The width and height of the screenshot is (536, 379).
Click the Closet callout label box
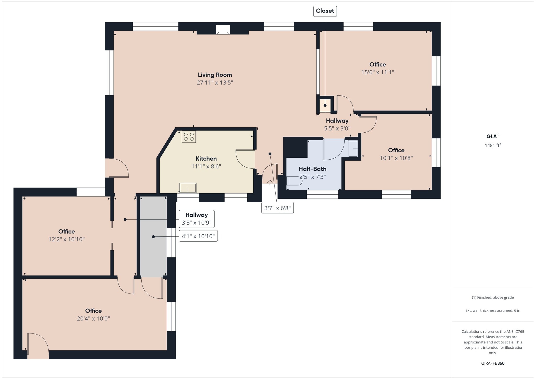point(325,11)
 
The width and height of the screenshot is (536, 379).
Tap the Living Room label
point(215,75)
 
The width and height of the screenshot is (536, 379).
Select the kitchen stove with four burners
point(189,137)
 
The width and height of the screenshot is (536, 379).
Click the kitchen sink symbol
point(188,188)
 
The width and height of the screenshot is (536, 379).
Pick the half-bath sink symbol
point(353,149)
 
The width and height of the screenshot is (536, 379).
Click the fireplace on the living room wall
point(223,30)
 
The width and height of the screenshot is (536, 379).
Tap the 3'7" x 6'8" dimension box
point(277,208)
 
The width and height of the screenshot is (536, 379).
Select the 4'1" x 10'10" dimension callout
point(198,236)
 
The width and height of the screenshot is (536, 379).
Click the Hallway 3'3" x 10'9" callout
point(197,219)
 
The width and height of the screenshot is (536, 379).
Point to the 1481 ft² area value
point(493,145)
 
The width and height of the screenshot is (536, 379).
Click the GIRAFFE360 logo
point(493,363)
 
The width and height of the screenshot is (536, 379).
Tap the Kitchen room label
point(206,159)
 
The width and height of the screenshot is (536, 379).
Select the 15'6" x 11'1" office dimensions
point(378,72)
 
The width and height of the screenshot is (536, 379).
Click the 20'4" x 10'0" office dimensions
point(93,319)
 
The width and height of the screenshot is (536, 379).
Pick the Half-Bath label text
point(312,169)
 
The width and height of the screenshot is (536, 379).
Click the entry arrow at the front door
point(270,182)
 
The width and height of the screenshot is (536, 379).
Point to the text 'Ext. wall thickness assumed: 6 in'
point(493,310)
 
